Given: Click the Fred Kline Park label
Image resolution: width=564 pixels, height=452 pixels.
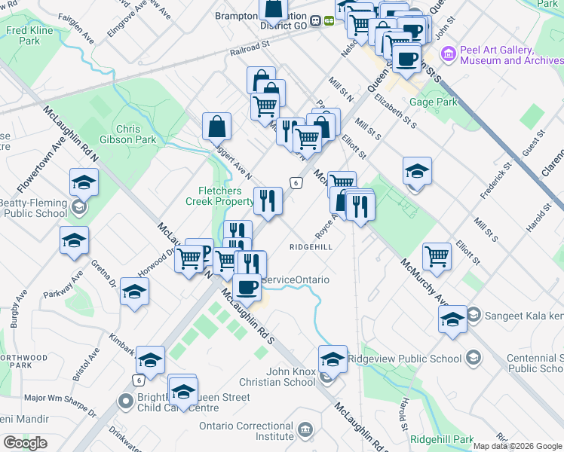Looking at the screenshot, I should pos(23,36).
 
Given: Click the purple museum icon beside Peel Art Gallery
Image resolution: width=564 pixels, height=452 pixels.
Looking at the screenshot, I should pos(449,53).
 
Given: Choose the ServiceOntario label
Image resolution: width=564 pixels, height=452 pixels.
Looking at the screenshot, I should pos(296,279).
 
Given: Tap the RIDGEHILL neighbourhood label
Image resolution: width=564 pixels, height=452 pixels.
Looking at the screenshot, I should pos(311,246).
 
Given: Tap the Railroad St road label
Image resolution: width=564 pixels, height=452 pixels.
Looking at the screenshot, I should pos(250,47).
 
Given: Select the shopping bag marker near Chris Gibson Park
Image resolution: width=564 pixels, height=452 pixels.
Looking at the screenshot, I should pos(216,127).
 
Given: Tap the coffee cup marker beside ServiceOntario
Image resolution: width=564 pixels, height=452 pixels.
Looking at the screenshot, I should pos(247,286).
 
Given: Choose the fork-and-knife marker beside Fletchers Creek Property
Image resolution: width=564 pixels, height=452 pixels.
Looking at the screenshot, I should pos(268,200).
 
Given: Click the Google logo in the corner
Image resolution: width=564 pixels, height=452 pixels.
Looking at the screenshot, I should pos(26,443).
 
